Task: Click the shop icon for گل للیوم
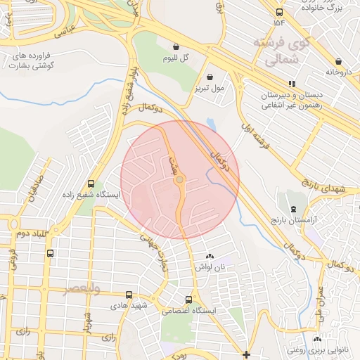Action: click(176, 47)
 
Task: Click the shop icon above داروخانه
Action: click(337, 60)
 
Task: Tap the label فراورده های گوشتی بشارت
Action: click(32, 60)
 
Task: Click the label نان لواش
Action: click(209, 266)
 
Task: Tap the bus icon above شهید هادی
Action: click(128, 295)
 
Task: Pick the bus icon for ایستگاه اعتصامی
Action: click(188, 299)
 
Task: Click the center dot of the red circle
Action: click(180, 180)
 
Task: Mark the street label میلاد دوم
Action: click(28, 233)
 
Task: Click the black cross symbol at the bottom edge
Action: click(245, 354)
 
